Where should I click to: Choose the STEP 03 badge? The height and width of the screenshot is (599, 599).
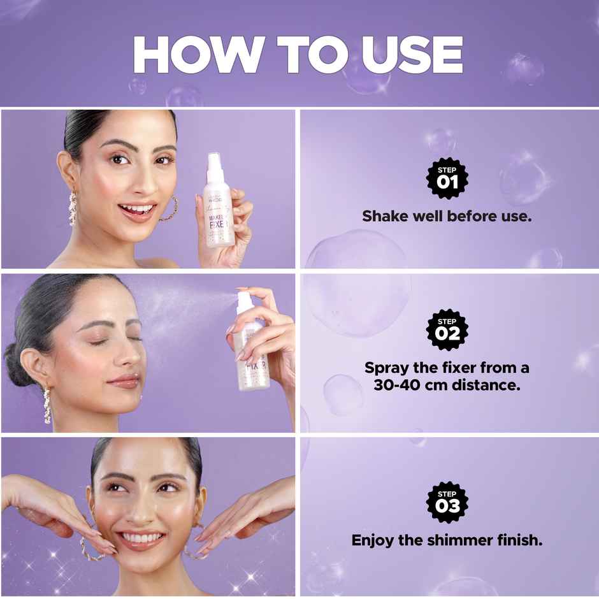click(x=447, y=502)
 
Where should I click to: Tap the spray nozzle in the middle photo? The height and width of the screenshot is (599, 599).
click(x=245, y=299)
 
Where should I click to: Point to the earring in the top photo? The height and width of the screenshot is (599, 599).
click(x=73, y=208)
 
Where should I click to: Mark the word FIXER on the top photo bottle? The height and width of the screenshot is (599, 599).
click(x=219, y=230)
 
